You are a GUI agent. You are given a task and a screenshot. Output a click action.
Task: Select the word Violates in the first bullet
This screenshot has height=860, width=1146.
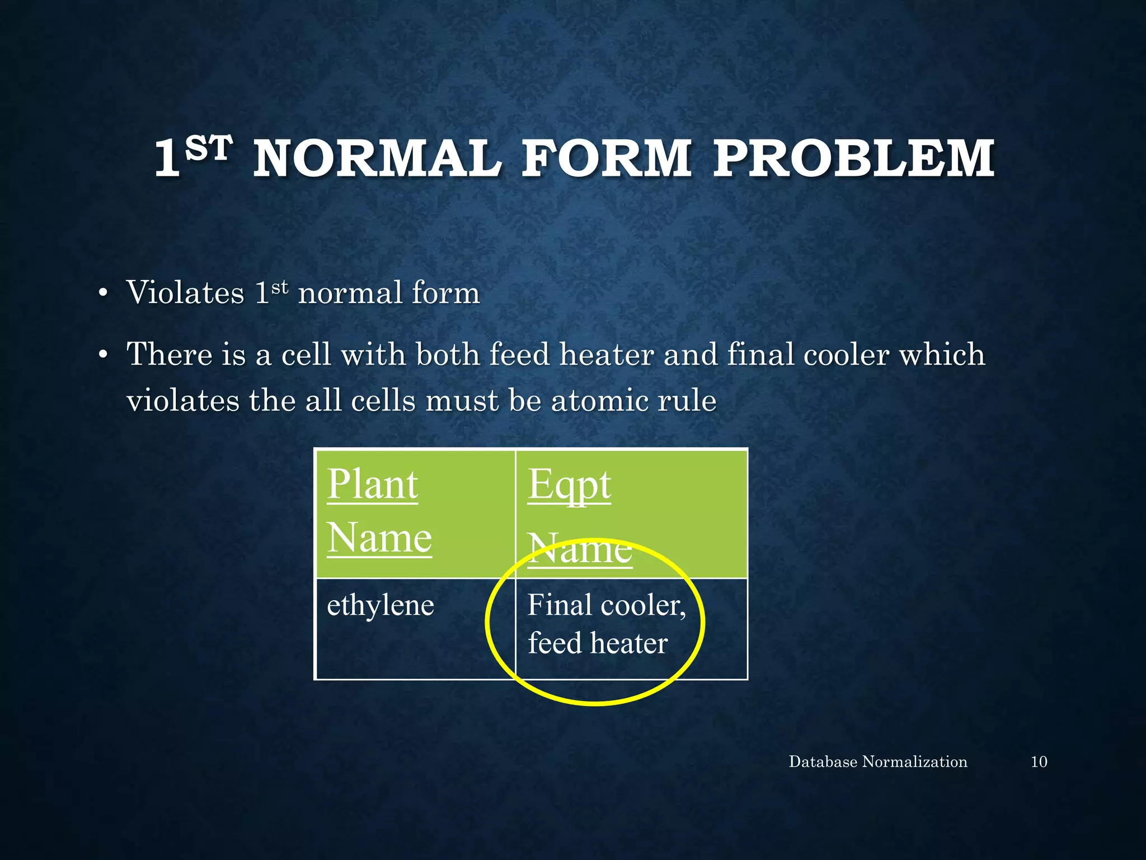pyautogui.click(x=185, y=293)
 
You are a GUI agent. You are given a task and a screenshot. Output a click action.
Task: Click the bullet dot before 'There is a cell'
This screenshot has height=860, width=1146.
pyautogui.click(x=102, y=356)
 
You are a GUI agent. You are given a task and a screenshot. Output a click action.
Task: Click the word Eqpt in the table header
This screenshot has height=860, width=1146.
pyautogui.click(x=569, y=485)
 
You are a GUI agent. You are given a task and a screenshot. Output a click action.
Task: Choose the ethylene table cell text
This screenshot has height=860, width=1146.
pyautogui.click(x=380, y=605)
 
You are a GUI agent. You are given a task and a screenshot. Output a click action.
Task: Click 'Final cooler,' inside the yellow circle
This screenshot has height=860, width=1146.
pyautogui.click(x=606, y=605)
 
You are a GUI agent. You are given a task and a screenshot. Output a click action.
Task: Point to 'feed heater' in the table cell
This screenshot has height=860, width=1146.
pyautogui.click(x=598, y=643)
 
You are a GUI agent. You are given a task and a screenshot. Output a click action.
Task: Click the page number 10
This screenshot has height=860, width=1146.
pyautogui.click(x=1039, y=762)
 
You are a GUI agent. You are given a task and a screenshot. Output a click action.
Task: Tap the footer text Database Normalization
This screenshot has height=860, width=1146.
pyautogui.click(x=877, y=762)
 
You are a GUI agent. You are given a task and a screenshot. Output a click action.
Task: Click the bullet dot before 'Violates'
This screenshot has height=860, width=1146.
pyautogui.click(x=102, y=294)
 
